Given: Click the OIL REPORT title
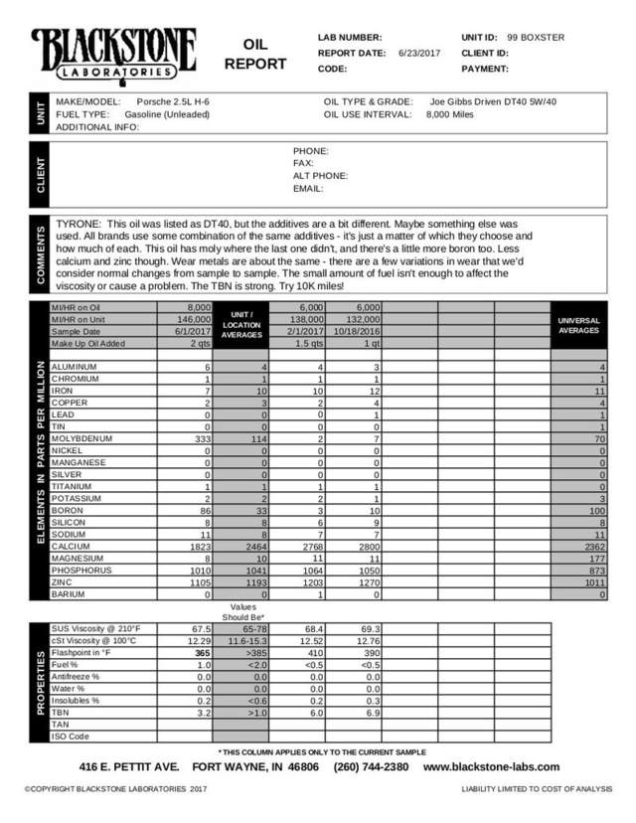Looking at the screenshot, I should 255,55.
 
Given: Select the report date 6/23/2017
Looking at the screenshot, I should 419,53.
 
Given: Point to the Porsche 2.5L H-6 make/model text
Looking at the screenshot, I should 174,101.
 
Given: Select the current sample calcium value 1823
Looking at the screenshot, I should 198,545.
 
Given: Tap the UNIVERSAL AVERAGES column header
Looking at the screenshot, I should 578,325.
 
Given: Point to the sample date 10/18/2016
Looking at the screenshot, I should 354,330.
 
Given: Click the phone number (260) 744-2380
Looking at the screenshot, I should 371,767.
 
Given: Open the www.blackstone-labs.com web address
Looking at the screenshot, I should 491,767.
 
